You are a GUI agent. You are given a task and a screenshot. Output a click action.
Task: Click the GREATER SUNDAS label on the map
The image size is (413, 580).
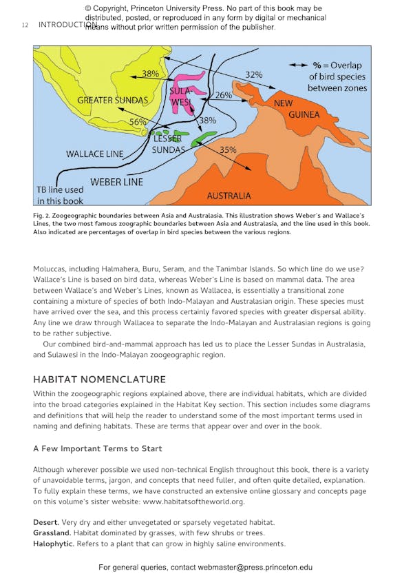tap(112, 101)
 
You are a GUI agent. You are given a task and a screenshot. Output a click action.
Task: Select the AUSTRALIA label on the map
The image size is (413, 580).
tap(229, 196)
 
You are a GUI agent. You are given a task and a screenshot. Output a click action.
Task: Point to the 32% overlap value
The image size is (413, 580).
tap(254, 74)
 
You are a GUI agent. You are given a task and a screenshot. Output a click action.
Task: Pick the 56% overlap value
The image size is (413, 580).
tap(138, 122)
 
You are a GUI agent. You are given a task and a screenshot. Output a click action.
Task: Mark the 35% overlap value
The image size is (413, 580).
tap(228, 149)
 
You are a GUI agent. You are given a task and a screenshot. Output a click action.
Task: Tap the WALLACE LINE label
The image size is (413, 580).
tap(94, 154)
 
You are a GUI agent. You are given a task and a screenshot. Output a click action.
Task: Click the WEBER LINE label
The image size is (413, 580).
tap(116, 182)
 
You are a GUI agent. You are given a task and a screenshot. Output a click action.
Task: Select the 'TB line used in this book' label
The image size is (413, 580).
tap(60, 195)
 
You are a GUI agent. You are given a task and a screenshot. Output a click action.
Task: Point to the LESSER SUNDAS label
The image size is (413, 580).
tap(168, 144)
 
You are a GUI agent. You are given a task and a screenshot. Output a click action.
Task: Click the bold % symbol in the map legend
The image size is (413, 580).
tap(317, 64)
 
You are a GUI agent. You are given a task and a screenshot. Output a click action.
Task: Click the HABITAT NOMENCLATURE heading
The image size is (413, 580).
tap(99, 380)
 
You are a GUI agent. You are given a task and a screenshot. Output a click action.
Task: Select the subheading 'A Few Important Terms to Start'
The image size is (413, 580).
tap(98, 448)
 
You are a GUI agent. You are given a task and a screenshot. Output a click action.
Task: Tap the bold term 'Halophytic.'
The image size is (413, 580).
tap(54, 543)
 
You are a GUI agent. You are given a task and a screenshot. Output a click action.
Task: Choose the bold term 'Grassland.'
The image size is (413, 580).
tap(52, 533)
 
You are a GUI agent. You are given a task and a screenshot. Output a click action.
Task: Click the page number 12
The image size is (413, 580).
tap(25, 25)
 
